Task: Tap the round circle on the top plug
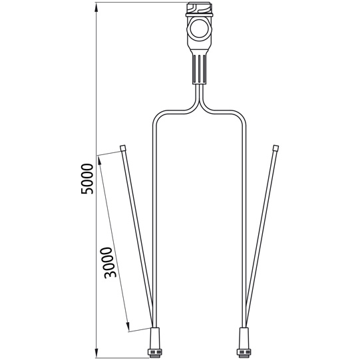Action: (199, 30)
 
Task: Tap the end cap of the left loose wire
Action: (123, 147)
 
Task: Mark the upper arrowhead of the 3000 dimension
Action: (99, 158)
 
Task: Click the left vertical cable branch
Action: (154, 220)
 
